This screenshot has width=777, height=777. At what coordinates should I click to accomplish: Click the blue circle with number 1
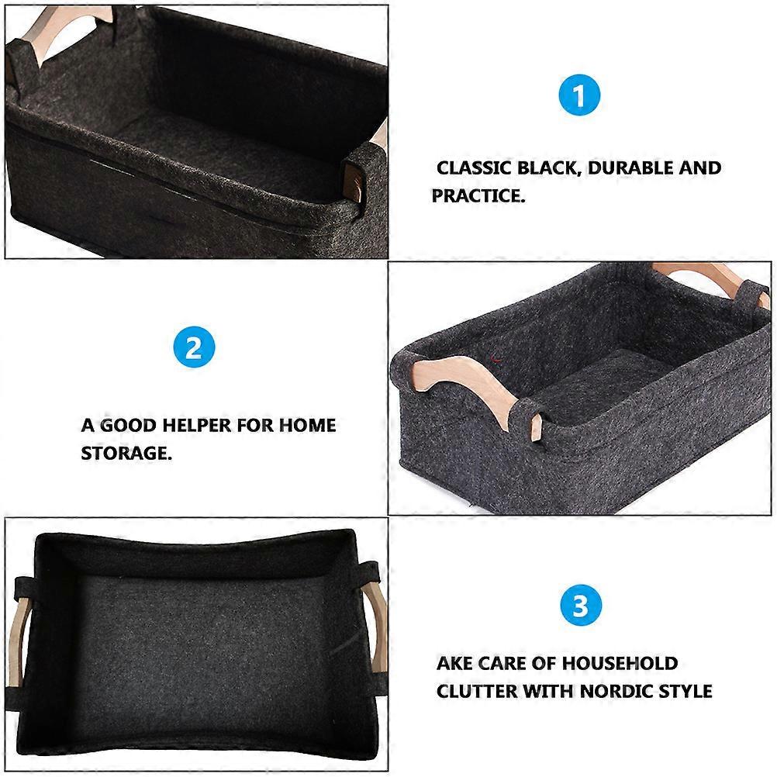click(x=579, y=96)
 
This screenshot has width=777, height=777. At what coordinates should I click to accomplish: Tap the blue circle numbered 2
click(x=193, y=348)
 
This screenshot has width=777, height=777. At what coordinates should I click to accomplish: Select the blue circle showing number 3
click(x=580, y=606)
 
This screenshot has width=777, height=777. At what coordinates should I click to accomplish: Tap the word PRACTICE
click(x=478, y=195)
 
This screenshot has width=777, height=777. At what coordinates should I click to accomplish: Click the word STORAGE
click(x=126, y=454)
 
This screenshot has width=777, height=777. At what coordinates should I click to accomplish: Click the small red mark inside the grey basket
click(x=494, y=358)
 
